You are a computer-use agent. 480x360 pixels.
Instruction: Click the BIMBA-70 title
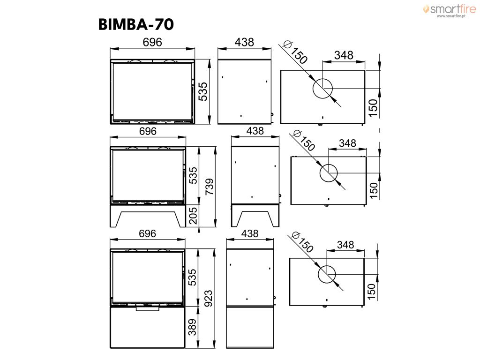pos(136,24)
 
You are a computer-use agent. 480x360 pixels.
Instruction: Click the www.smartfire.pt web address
pos(451,16)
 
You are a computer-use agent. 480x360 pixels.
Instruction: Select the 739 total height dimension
pos(210,187)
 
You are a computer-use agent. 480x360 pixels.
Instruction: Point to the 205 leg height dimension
pos(193,216)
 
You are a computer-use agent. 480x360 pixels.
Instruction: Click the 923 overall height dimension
pos(208,299)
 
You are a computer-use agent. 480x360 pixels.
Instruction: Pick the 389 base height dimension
pos(192,327)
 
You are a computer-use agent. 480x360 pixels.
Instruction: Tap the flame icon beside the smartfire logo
pos(426,9)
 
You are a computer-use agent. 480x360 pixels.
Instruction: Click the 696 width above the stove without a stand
pos(152,42)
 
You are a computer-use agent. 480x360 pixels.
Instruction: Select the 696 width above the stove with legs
pos(148,131)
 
